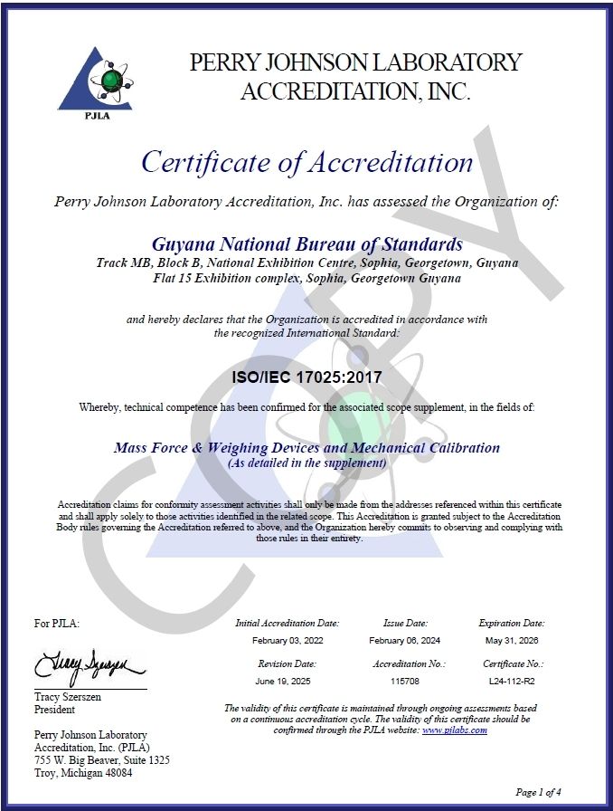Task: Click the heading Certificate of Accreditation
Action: click(306, 162)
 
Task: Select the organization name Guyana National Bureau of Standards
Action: click(306, 244)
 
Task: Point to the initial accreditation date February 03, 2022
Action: click(287, 640)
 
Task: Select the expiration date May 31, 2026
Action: click(511, 640)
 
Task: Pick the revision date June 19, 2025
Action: click(287, 680)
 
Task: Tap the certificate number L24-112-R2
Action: click(511, 680)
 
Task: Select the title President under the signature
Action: click(54, 710)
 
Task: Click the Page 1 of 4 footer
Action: click(538, 792)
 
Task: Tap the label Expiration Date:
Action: click(511, 623)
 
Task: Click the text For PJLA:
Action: click(56, 623)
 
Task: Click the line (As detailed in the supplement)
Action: click(306, 463)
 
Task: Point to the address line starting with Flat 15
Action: click(306, 278)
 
